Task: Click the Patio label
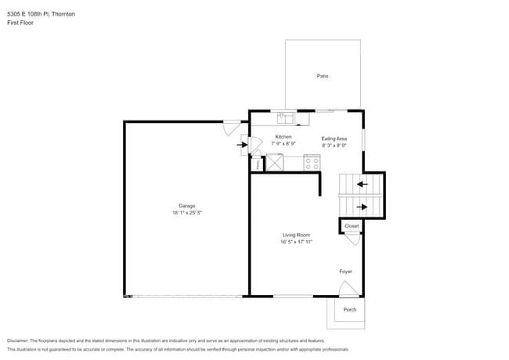click(322, 76)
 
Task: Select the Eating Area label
click(334, 139)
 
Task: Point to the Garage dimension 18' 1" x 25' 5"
click(187, 213)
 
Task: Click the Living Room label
click(297, 235)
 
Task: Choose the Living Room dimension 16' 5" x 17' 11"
click(297, 242)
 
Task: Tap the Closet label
click(352, 226)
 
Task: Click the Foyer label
click(345, 272)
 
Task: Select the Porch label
click(350, 310)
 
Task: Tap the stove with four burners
click(312, 164)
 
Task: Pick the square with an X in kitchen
click(275, 163)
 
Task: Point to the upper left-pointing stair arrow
click(361, 185)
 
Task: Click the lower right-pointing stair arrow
click(361, 207)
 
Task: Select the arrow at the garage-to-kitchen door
click(241, 145)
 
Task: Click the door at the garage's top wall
click(232, 124)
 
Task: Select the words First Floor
click(20, 23)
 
